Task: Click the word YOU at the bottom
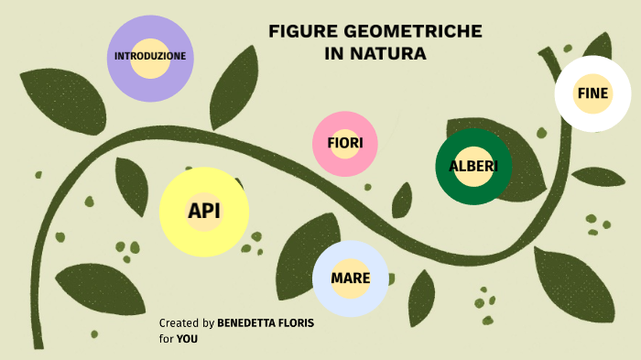tap(187, 339)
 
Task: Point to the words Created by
tap(187, 323)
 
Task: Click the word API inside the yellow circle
tap(204, 212)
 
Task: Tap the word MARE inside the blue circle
tap(350, 278)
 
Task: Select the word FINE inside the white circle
tap(592, 93)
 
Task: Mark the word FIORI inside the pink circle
tap(345, 143)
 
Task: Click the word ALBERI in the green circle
tap(473, 167)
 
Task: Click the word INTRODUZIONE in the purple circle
tap(150, 57)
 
